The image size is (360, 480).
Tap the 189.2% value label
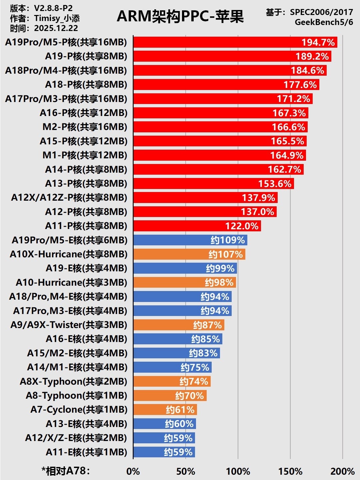[x=312, y=56]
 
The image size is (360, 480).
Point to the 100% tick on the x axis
[x=238, y=471]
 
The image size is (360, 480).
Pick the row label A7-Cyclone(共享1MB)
[x=79, y=409]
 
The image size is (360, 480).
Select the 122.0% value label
[x=242, y=226]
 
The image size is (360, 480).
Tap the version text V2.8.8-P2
[x=53, y=8]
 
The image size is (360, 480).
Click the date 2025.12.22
[x=56, y=28]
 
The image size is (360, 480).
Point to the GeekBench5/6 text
[x=324, y=22]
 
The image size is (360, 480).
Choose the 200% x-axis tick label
[x=342, y=471]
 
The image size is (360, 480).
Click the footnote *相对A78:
[x=66, y=471]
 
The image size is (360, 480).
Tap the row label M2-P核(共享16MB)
[x=85, y=127]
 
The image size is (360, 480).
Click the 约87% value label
[x=207, y=325]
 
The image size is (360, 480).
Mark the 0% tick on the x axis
[x=133, y=471]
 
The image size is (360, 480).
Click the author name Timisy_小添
[x=57, y=18]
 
